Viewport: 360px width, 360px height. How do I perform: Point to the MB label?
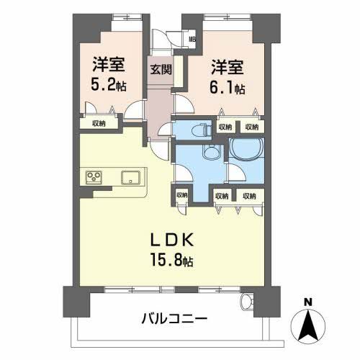191,40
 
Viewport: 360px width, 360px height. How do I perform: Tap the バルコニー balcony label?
174,318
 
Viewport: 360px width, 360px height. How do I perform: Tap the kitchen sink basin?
131,178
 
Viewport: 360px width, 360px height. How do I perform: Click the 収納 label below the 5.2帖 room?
99,123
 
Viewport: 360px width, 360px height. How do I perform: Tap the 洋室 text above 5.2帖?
108,64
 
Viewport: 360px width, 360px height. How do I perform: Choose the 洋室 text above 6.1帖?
227,68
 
